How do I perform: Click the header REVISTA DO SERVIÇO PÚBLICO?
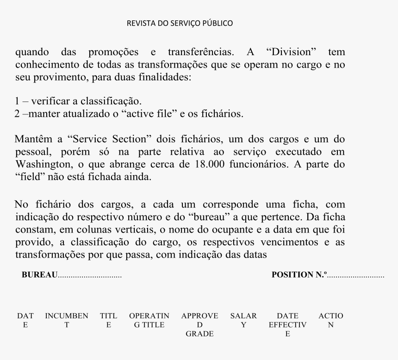click(180, 23)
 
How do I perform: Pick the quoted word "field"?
click(28, 177)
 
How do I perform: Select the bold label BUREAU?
click(40, 275)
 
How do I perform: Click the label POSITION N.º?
click(299, 274)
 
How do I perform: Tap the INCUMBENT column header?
click(67, 320)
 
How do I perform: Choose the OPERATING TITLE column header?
click(149, 320)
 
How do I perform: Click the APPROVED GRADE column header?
click(199, 324)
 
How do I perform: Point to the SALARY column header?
click(243, 320)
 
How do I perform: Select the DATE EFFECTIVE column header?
click(287, 324)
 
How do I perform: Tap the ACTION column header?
click(331, 320)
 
